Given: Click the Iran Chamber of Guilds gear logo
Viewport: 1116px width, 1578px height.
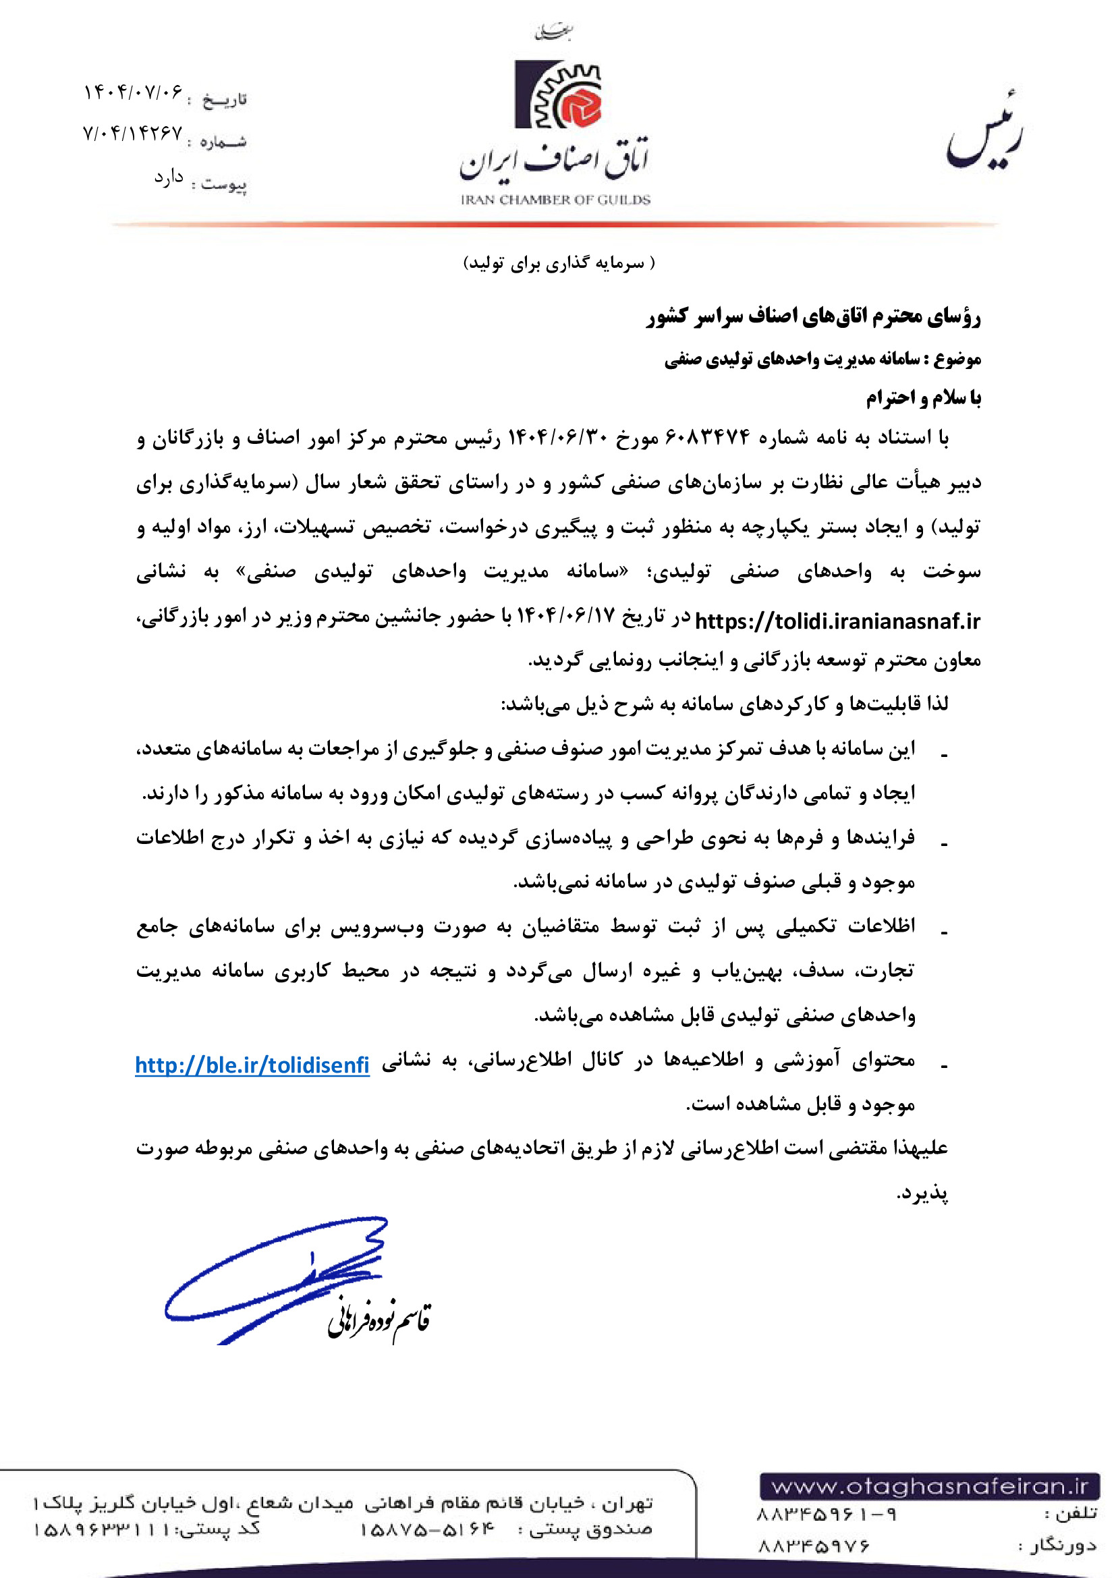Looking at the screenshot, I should (x=557, y=95).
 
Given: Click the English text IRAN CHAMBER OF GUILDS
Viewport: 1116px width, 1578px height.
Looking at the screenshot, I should (x=555, y=200).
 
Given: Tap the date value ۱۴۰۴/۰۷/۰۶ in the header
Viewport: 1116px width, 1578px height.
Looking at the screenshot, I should (x=134, y=92).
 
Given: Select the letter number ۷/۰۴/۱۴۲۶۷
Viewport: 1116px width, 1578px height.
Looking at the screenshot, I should (x=133, y=133).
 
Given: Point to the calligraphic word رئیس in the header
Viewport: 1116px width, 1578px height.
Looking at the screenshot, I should (x=983, y=134).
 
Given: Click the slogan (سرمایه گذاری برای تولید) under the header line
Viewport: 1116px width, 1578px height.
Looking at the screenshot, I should (x=559, y=263).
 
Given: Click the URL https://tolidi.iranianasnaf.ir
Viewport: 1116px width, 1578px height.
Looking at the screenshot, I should (x=837, y=621).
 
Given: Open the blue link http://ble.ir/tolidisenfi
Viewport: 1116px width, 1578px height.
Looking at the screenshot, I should (x=252, y=1065).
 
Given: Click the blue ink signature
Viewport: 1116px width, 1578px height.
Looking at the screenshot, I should (x=275, y=1278).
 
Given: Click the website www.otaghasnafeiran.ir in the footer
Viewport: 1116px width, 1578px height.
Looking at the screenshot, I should (x=929, y=1487).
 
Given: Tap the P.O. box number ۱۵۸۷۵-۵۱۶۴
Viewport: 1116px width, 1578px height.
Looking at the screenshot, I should (x=426, y=1530).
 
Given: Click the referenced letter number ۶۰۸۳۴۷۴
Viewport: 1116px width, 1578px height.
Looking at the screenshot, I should (x=708, y=437).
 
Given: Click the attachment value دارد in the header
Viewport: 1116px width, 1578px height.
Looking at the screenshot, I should (x=169, y=179).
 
